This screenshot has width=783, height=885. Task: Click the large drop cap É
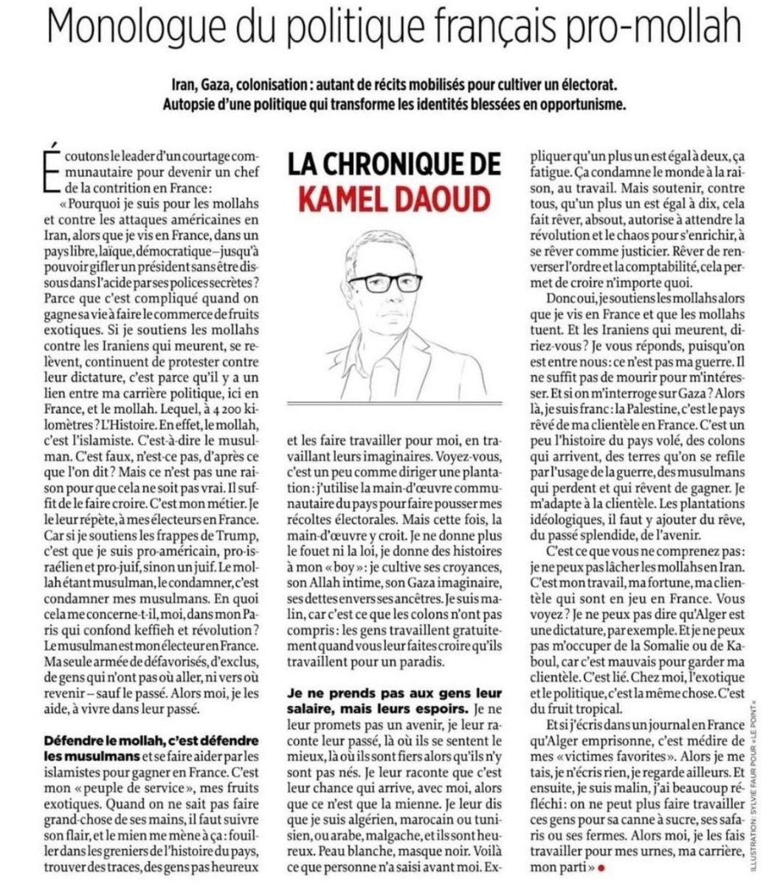(x=49, y=170)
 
